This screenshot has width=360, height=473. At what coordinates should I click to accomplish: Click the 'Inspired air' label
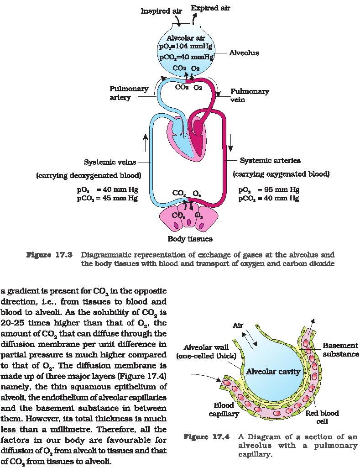coord(161,11)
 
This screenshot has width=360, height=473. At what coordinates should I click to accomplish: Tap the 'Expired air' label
coord(210,8)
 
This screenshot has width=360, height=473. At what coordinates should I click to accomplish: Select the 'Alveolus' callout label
coord(244,53)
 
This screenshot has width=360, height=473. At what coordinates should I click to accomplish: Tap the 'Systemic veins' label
coord(110,162)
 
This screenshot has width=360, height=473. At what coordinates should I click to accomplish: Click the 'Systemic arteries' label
coord(270,161)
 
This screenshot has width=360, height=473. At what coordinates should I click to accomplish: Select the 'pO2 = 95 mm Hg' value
coord(269,190)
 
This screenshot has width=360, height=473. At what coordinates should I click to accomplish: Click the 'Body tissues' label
coord(190,238)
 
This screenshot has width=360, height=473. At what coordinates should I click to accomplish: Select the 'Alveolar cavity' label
coord(273,372)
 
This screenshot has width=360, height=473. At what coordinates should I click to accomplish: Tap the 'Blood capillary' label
coord(224,410)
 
